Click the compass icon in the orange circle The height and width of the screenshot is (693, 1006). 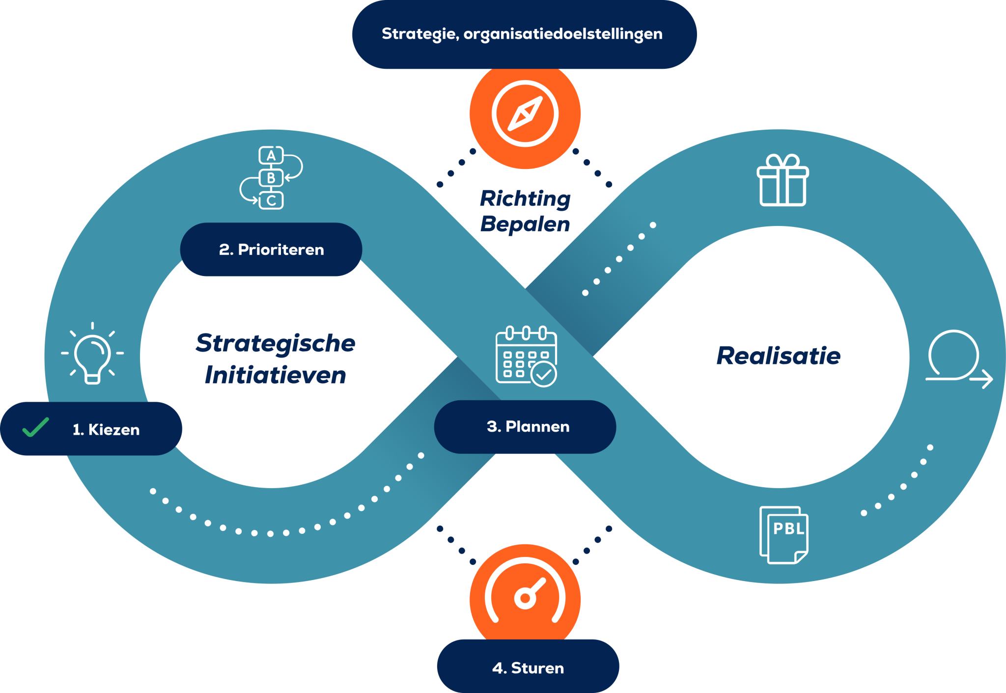[x=525, y=113]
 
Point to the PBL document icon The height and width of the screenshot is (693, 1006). [x=783, y=535]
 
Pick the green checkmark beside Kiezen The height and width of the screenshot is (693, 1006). [x=36, y=427]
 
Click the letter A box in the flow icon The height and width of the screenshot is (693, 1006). [x=271, y=156]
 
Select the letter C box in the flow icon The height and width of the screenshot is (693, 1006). [x=271, y=200]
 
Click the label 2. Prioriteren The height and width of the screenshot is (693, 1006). [x=271, y=249]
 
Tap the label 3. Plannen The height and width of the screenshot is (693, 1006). [x=528, y=426]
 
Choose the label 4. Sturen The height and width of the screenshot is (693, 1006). [x=528, y=668]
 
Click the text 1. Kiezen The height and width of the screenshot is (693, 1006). [x=106, y=430]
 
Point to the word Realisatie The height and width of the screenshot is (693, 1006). [x=778, y=356]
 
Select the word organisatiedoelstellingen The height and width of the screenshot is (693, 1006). [x=563, y=34]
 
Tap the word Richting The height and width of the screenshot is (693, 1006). [x=525, y=198]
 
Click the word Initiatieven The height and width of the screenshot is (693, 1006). [x=275, y=375]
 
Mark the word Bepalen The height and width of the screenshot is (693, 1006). [x=525, y=224]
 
